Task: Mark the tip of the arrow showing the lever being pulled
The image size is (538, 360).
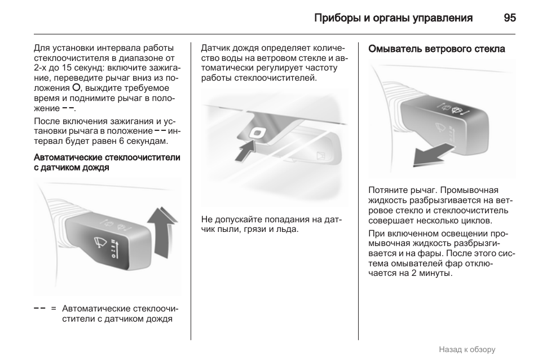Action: coord(413,164)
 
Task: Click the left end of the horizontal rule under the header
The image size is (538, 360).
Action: coord(34,34)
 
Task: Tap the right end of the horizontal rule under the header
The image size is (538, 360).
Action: coord(515,34)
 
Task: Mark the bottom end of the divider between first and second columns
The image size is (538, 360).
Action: coord(191,340)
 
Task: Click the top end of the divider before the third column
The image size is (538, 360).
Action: coord(358,42)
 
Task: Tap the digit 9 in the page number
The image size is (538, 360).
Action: coord(507,18)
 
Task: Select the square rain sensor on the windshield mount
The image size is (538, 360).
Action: coord(257,133)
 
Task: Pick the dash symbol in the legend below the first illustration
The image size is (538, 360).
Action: coord(39,309)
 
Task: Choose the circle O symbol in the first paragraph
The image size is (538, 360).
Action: coord(76,88)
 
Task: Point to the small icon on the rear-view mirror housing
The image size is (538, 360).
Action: coord(321,156)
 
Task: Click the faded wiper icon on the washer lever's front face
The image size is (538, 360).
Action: coord(440,128)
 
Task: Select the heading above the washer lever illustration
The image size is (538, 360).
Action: coord(436,49)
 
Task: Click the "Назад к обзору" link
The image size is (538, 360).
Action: coord(467,349)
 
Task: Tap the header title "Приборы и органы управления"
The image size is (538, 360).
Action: coord(393,18)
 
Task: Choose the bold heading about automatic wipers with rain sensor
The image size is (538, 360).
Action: coord(107,163)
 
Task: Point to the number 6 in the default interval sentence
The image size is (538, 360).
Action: coord(121,141)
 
